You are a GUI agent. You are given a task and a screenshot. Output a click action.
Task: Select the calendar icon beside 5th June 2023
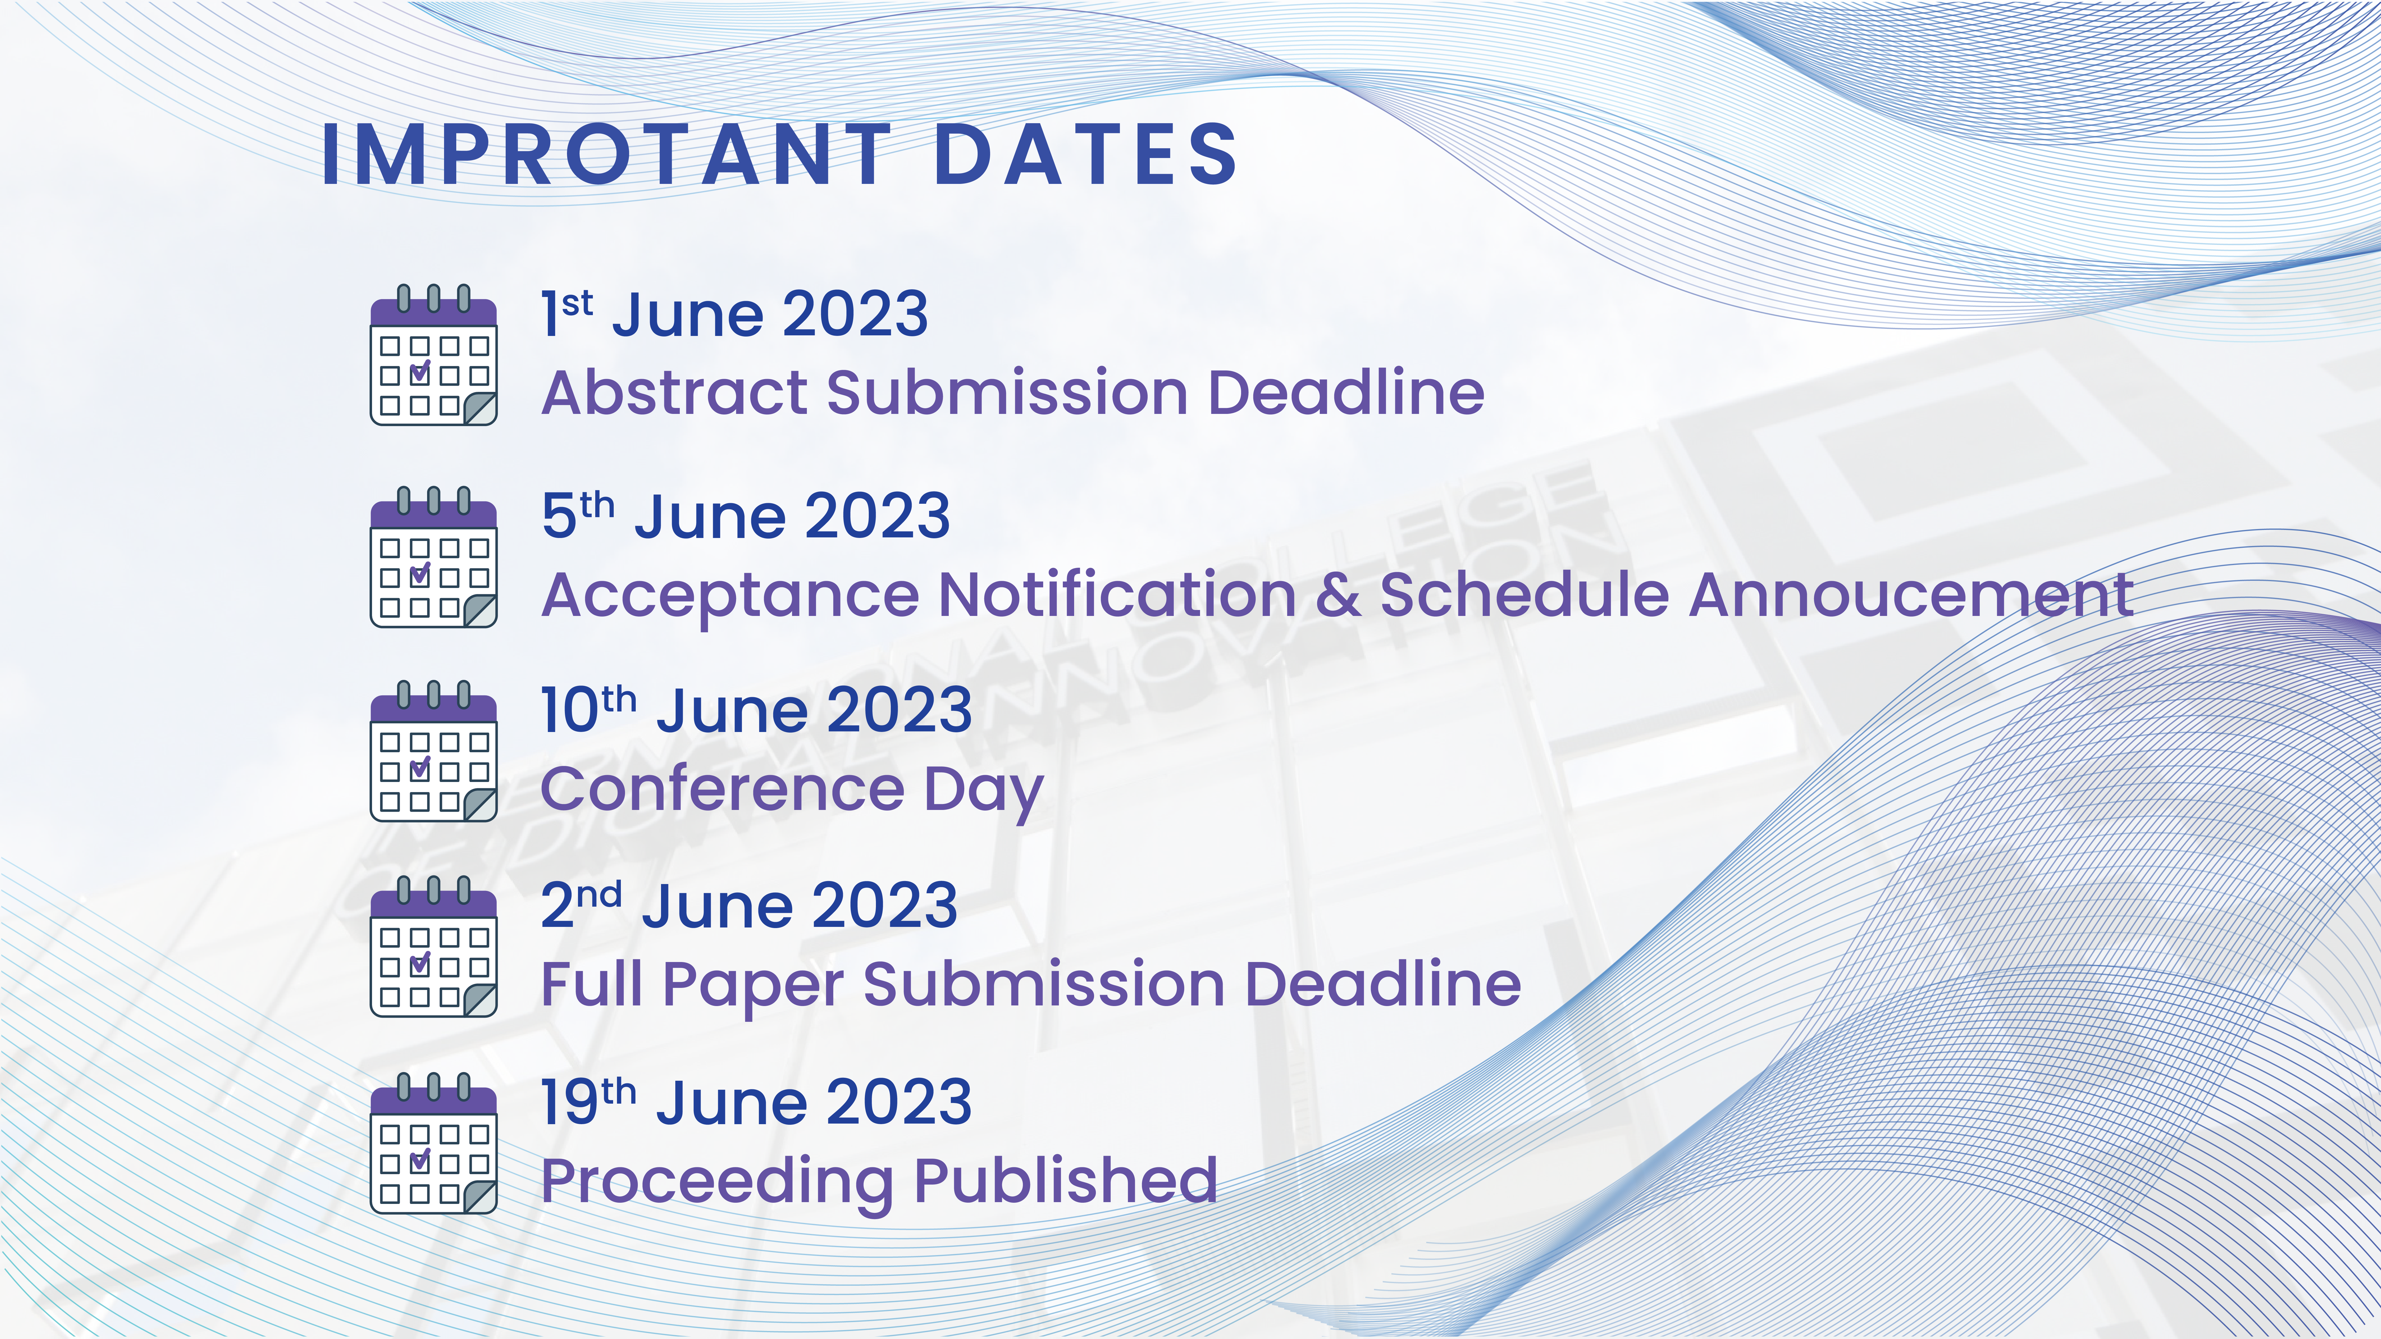point(434,557)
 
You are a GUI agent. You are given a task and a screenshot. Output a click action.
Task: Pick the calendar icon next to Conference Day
point(434,751)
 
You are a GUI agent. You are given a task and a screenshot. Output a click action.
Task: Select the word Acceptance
point(730,596)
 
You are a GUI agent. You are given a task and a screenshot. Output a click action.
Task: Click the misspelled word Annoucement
point(1911,594)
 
